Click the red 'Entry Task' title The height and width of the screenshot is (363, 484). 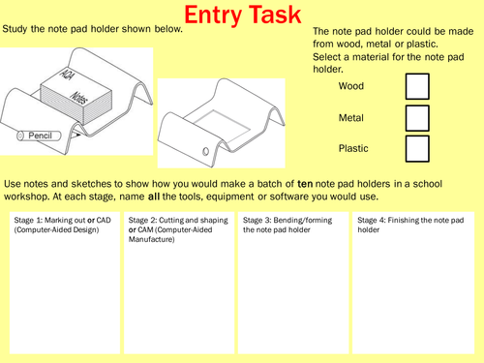click(x=242, y=16)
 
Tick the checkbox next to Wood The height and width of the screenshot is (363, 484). click(x=416, y=87)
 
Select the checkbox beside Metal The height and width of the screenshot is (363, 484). click(x=416, y=118)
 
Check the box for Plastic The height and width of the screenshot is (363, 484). click(x=416, y=148)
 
